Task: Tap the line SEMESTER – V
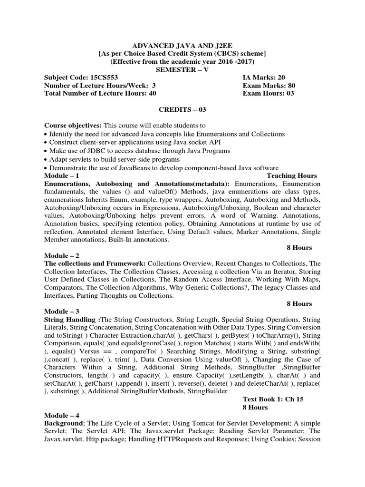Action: (x=182, y=69)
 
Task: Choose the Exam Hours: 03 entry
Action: (x=268, y=93)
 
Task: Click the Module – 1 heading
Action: (x=61, y=175)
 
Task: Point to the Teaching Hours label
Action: (x=291, y=175)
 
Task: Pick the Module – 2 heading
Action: (x=61, y=255)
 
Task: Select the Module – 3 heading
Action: (x=61, y=312)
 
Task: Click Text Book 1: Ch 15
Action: (x=272, y=399)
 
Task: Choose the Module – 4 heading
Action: (x=61, y=415)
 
